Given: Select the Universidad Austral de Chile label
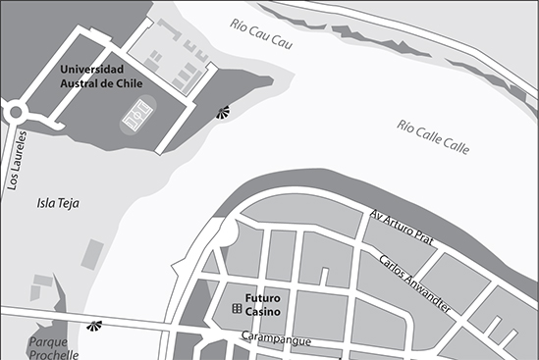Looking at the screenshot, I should [x=101, y=77].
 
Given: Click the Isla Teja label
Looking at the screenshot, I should [x=58, y=204].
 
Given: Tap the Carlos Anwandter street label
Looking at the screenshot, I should [x=414, y=285].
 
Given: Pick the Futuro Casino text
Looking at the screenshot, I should [x=264, y=303].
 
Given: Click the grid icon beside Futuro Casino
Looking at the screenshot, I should [x=237, y=309].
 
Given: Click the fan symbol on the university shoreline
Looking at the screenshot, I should [x=225, y=112].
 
